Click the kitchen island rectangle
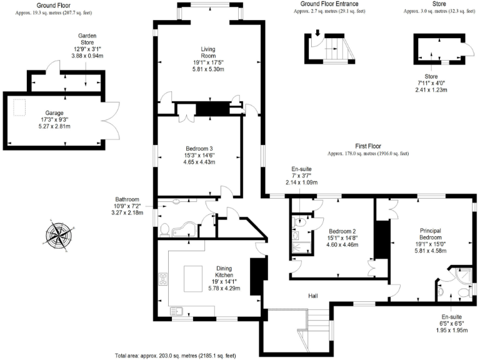pyautogui.click(x=198, y=276)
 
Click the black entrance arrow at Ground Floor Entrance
pyautogui.click(x=317, y=33)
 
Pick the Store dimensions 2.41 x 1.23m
pyautogui.click(x=432, y=89)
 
